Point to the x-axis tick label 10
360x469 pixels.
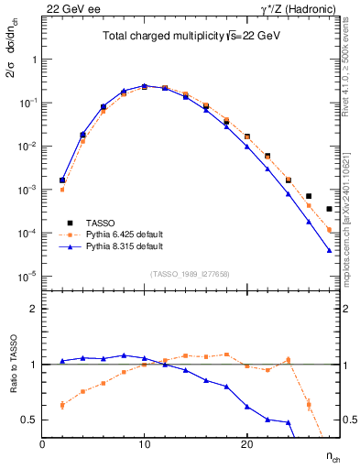pyautogui.click(x=144, y=444)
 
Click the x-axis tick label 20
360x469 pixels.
pyautogui.click(x=246, y=444)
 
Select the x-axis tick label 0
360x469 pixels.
pyautogui.click(x=42, y=444)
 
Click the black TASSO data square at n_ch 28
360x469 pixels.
pyautogui.click(x=329, y=209)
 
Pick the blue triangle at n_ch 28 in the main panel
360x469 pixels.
pyautogui.click(x=329, y=250)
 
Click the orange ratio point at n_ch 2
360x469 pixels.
pyautogui.click(x=62, y=405)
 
